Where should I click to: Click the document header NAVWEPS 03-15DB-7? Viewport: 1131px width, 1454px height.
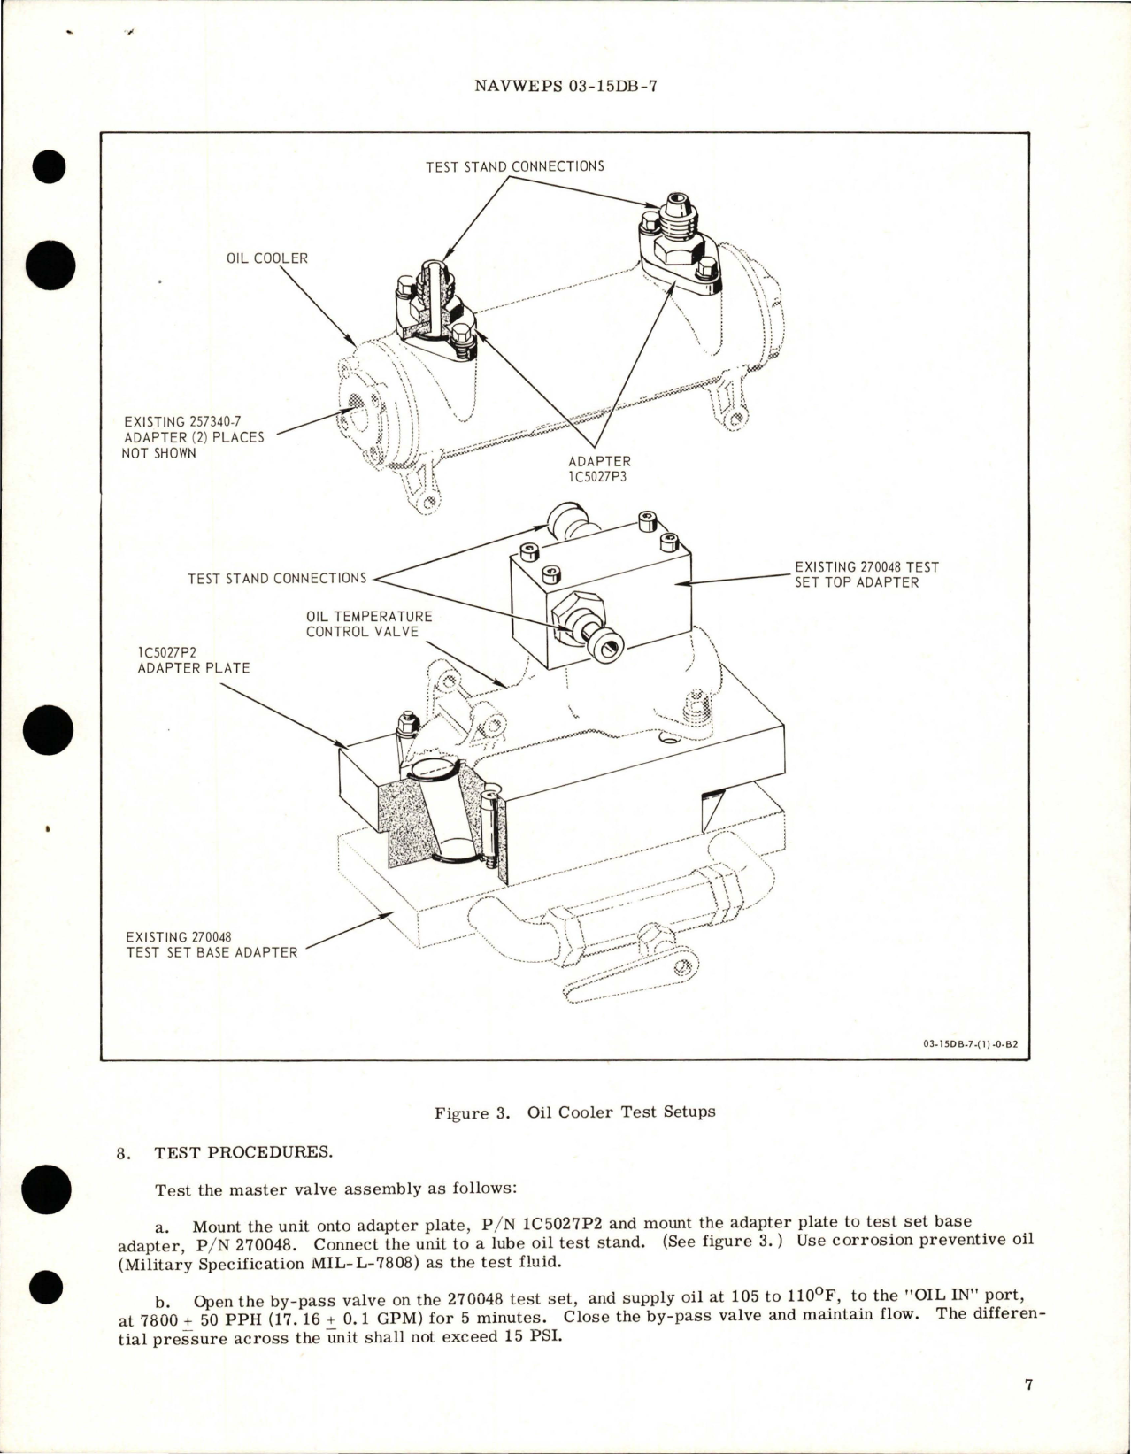coord(565,86)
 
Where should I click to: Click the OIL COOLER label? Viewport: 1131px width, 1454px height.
coord(267,258)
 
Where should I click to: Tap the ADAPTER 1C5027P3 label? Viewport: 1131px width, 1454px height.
coord(599,468)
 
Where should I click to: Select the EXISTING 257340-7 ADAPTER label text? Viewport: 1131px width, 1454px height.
coord(194,437)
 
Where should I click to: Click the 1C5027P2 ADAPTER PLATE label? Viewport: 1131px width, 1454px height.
coord(193,659)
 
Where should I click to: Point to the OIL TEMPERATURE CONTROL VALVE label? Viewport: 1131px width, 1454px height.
coord(369,623)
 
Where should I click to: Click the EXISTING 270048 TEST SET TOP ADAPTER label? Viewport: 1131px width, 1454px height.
coord(866,574)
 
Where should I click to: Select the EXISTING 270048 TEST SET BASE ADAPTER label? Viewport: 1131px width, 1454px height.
coord(212,944)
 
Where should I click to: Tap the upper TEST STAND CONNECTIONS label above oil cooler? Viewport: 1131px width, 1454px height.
coord(514,166)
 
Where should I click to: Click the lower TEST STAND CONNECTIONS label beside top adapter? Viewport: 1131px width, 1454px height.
coord(277,579)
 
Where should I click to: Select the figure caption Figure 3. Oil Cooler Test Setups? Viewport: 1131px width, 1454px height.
coord(574,1112)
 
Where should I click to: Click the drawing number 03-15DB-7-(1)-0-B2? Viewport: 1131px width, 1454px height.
coord(970,1043)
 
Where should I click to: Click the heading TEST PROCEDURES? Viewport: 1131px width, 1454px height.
coord(243,1152)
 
